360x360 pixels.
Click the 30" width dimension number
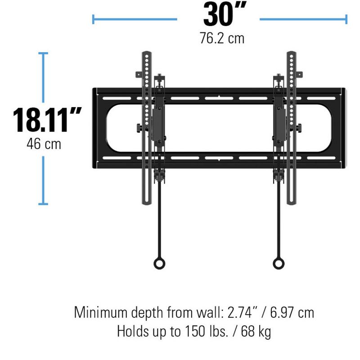[x=218, y=15]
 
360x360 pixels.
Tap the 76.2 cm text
[x=222, y=38]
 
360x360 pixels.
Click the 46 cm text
[x=44, y=144]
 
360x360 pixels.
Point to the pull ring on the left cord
[x=159, y=263]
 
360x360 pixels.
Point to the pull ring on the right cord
[x=279, y=263]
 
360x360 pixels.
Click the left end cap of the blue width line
[x=93, y=19]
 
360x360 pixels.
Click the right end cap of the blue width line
[x=346, y=19]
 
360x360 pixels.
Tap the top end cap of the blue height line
[x=43, y=53]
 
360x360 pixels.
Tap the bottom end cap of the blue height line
[x=43, y=204]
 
